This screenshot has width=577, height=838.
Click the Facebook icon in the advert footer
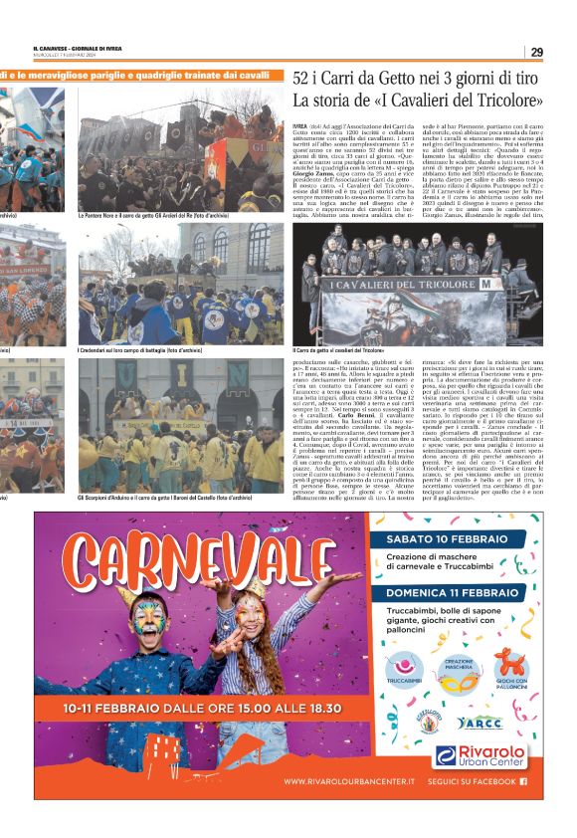tap(523, 782)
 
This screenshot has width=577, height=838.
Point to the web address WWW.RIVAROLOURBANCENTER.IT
tap(349, 782)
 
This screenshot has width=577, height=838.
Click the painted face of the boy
tap(149, 623)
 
